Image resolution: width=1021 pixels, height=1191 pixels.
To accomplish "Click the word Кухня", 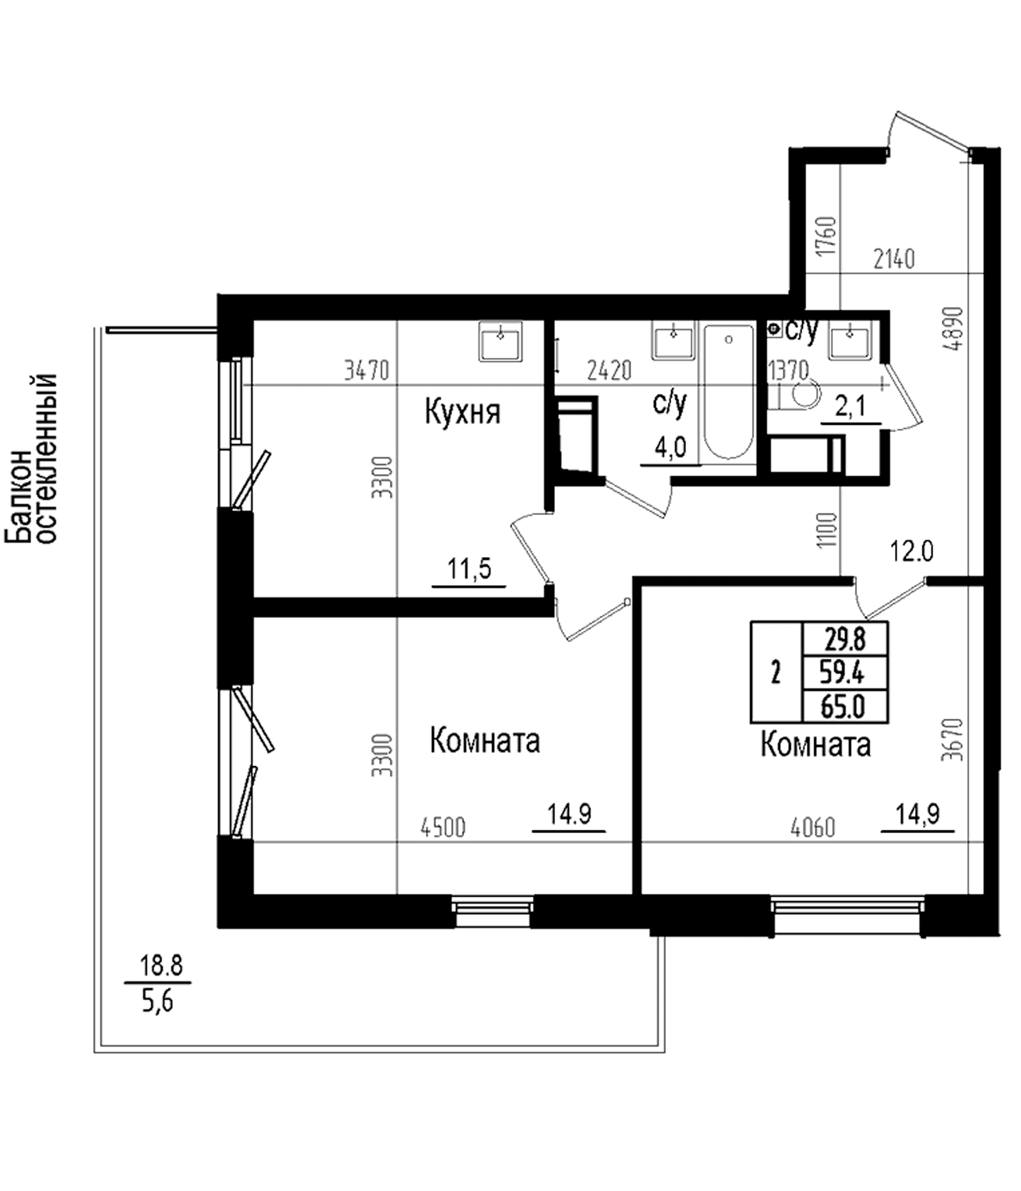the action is coord(463,413).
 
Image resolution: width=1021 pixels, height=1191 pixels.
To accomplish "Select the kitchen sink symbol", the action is coord(501,341).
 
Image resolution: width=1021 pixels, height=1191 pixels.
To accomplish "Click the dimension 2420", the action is coord(609,370).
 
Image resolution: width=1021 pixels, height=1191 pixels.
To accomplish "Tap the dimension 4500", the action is coord(443,828).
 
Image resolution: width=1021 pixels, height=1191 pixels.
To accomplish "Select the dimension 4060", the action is coord(812,828).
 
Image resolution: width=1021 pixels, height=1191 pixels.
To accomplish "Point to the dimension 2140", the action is coord(894,259).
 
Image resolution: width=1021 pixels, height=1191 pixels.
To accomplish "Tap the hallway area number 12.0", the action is coord(912,552).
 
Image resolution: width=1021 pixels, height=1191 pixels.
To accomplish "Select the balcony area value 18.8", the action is coord(162,966).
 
